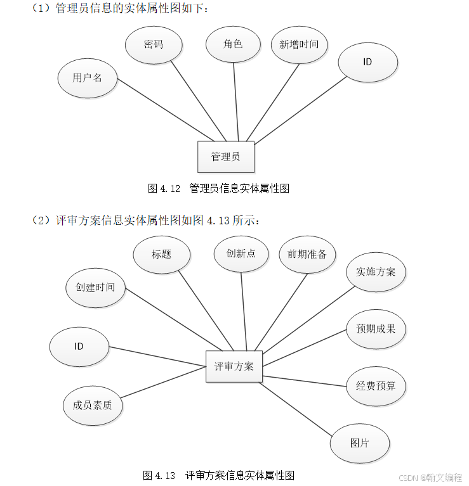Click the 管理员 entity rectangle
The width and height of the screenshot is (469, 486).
tap(226, 157)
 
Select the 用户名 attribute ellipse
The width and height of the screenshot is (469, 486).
tap(87, 79)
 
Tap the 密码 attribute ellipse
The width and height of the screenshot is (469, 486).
tap(154, 44)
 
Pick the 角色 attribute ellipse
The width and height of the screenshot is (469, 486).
tap(233, 44)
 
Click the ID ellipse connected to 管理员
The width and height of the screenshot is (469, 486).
tap(367, 62)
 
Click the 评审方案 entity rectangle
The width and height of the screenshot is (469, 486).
tap(234, 366)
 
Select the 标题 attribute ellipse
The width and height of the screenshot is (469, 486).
tap(162, 254)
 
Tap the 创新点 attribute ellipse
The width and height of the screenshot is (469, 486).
tap(242, 253)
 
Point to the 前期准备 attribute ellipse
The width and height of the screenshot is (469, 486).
tap(307, 254)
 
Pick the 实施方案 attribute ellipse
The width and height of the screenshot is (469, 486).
tap(376, 272)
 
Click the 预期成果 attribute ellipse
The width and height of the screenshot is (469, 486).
tap(376, 329)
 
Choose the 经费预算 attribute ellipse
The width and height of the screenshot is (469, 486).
tap(376, 385)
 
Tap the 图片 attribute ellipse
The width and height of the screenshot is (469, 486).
tap(359, 443)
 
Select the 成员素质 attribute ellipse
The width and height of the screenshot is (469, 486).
tap(93, 405)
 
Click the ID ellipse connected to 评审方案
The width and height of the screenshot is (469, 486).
tap(79, 347)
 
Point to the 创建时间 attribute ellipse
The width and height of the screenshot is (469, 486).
tap(95, 288)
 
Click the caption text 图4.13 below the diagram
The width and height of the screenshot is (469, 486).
tap(159, 475)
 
